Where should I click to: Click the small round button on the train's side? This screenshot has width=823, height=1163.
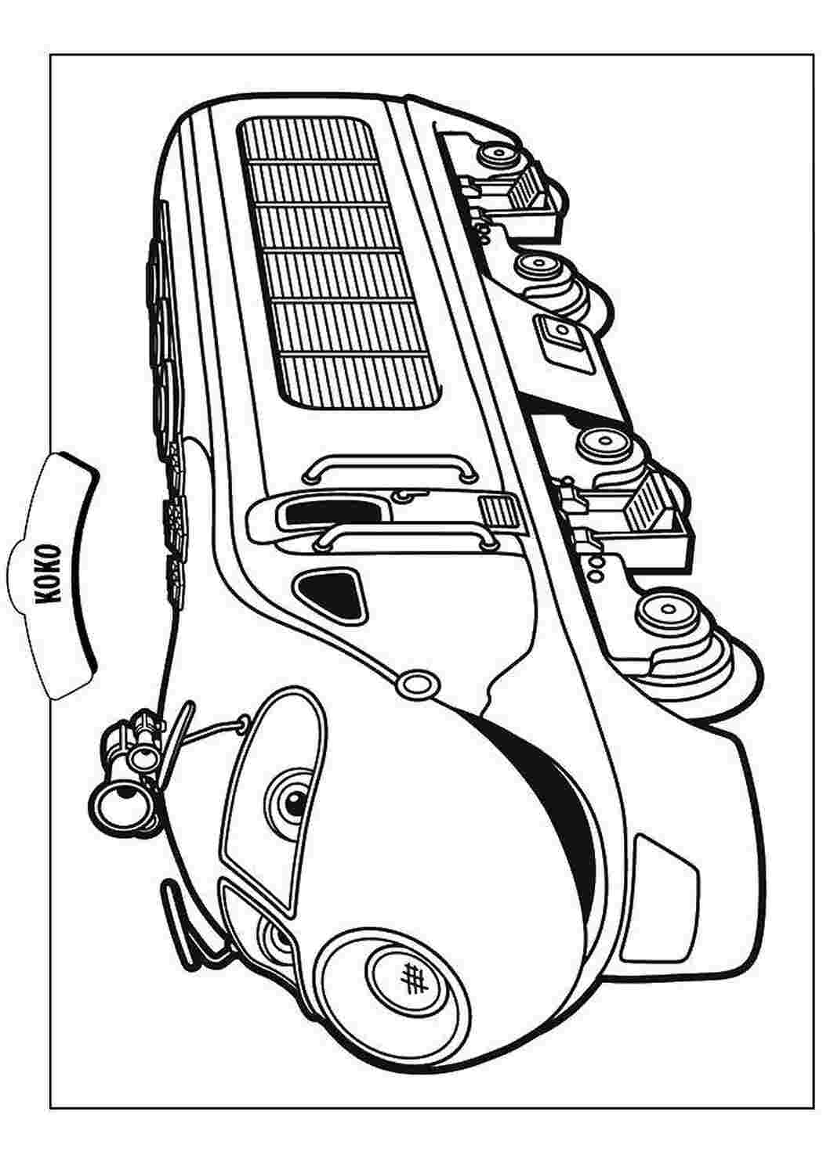click(415, 684)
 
